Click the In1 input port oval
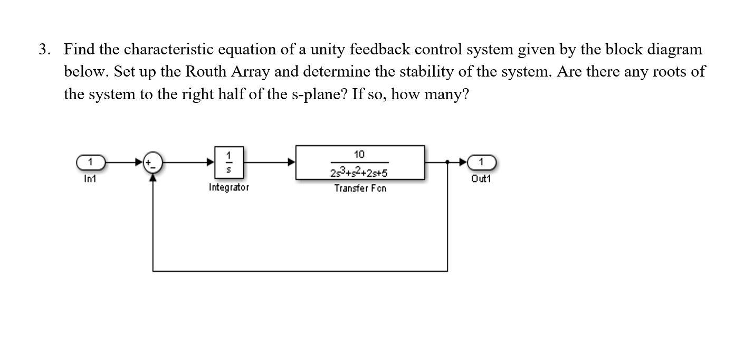pyautogui.click(x=91, y=162)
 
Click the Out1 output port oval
pyautogui.click(x=481, y=162)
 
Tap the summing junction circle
pyautogui.click(x=153, y=163)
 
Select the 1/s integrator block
pyautogui.click(x=228, y=163)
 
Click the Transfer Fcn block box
pyautogui.click(x=360, y=163)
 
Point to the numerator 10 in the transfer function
pyautogui.click(x=359, y=154)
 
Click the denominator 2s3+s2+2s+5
pyautogui.click(x=359, y=173)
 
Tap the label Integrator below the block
pyautogui.click(x=228, y=187)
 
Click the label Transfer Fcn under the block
pyautogui.click(x=360, y=188)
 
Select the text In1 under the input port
pyautogui.click(x=90, y=179)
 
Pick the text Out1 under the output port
pyautogui.click(x=481, y=179)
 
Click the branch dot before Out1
pyautogui.click(x=447, y=162)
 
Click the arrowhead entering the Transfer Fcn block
pyautogui.click(x=291, y=163)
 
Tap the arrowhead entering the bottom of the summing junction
pyautogui.click(x=153, y=177)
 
